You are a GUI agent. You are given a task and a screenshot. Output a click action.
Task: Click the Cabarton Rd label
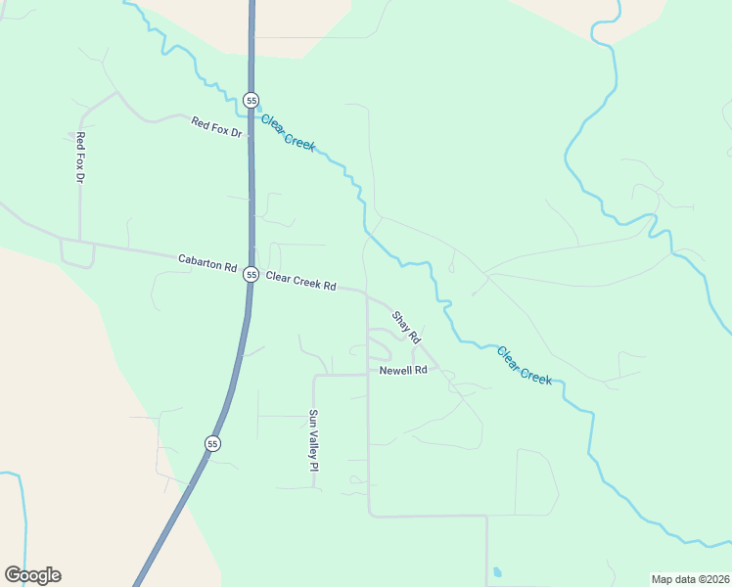click(207, 263)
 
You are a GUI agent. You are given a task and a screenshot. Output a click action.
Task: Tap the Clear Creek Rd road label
click(300, 282)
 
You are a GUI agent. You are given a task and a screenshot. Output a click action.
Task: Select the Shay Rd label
click(406, 327)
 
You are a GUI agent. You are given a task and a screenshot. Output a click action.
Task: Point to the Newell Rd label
click(404, 371)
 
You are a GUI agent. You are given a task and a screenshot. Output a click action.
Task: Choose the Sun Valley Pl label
click(314, 440)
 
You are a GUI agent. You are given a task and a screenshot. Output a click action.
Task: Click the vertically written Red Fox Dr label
click(80, 158)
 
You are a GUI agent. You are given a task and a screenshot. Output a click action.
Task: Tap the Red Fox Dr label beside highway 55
click(216, 126)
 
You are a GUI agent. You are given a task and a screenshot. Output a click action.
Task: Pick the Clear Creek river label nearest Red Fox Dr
click(288, 132)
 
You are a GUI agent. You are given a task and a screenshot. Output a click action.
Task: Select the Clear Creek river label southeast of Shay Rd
click(524, 365)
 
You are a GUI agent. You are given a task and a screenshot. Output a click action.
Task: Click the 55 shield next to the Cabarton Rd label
click(252, 275)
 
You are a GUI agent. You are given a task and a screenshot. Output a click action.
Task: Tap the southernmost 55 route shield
click(212, 443)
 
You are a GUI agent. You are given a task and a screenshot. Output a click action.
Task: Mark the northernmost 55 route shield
click(252, 100)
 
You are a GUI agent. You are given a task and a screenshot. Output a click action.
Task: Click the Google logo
click(32, 575)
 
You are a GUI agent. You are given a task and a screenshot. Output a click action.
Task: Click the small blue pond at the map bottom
click(497, 571)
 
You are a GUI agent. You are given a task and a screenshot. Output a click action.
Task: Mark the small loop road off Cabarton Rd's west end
click(77, 254)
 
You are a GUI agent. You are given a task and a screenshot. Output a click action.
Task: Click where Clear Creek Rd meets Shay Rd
click(368, 292)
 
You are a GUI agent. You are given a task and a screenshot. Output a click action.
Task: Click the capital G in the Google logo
click(13, 574)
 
